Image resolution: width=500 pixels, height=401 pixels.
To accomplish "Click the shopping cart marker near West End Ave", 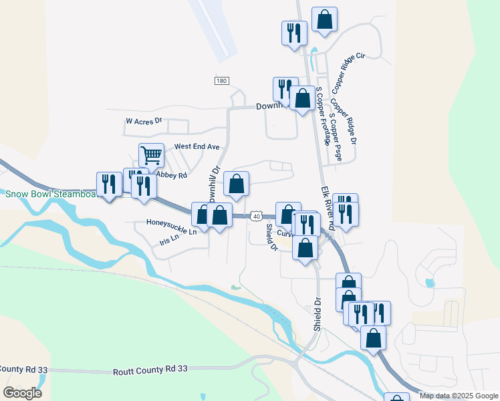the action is pos(152,156).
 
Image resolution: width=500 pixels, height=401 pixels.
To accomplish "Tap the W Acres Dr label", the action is pos(144,122).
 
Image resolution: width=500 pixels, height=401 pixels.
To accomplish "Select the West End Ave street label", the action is pos(197,146).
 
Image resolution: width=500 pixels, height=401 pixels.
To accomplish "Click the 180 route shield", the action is pos(222,81).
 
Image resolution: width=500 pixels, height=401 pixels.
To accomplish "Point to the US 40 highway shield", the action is pos(256,216).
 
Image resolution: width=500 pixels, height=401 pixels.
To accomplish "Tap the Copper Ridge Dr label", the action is pos(345,122).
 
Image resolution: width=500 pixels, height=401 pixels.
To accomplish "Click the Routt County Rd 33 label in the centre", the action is pos(150,369).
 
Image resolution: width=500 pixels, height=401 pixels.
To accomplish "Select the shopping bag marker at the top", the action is pos(324,19).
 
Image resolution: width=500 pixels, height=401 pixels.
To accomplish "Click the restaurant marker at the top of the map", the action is pos(293,33).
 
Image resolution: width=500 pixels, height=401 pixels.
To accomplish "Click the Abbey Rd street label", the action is pos(170,176).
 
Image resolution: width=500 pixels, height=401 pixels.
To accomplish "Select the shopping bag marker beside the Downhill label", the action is pos(303,99).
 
